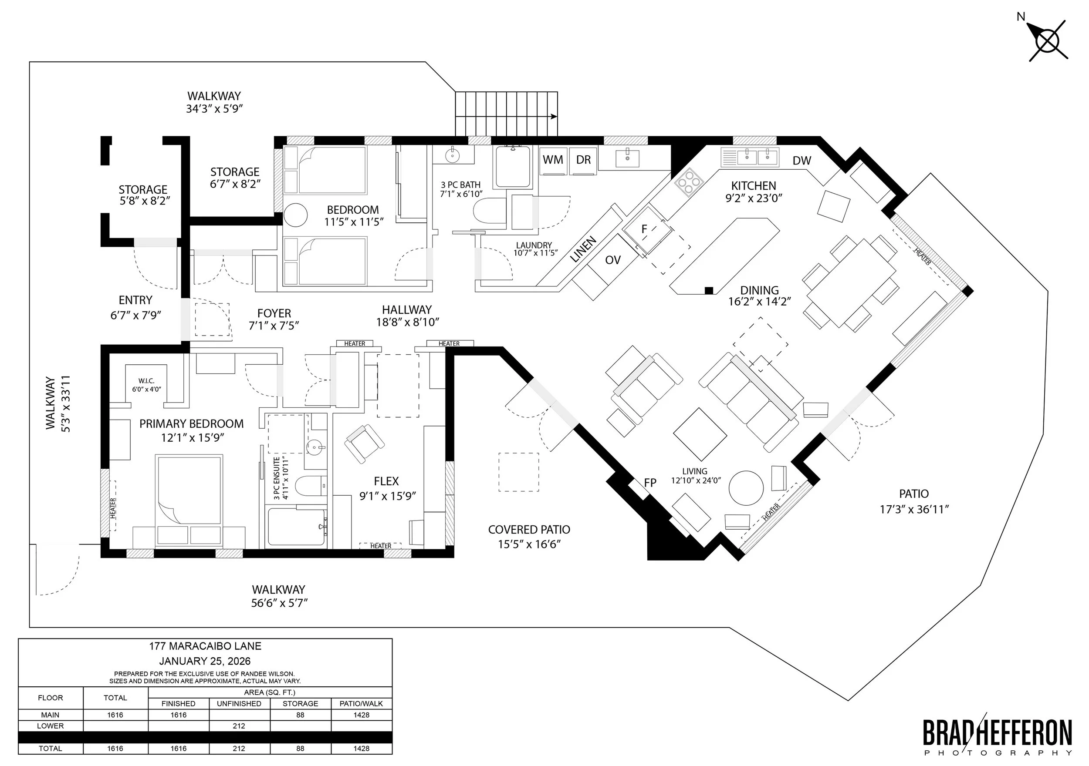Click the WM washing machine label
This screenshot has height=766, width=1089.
[553, 160]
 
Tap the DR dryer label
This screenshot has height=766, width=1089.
[583, 160]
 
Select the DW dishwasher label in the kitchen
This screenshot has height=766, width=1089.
[802, 161]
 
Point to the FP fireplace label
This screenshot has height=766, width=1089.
[650, 483]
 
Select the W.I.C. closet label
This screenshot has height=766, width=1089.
[146, 381]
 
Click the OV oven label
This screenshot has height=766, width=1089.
[613, 260]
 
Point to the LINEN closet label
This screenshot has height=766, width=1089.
[583, 250]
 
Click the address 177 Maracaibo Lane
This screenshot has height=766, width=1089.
[205, 646]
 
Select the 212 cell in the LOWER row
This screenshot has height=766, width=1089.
[239, 726]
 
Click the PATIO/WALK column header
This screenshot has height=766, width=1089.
[362, 703]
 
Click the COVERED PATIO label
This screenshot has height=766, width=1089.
[529, 530]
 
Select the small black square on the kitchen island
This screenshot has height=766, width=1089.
[709, 290]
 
